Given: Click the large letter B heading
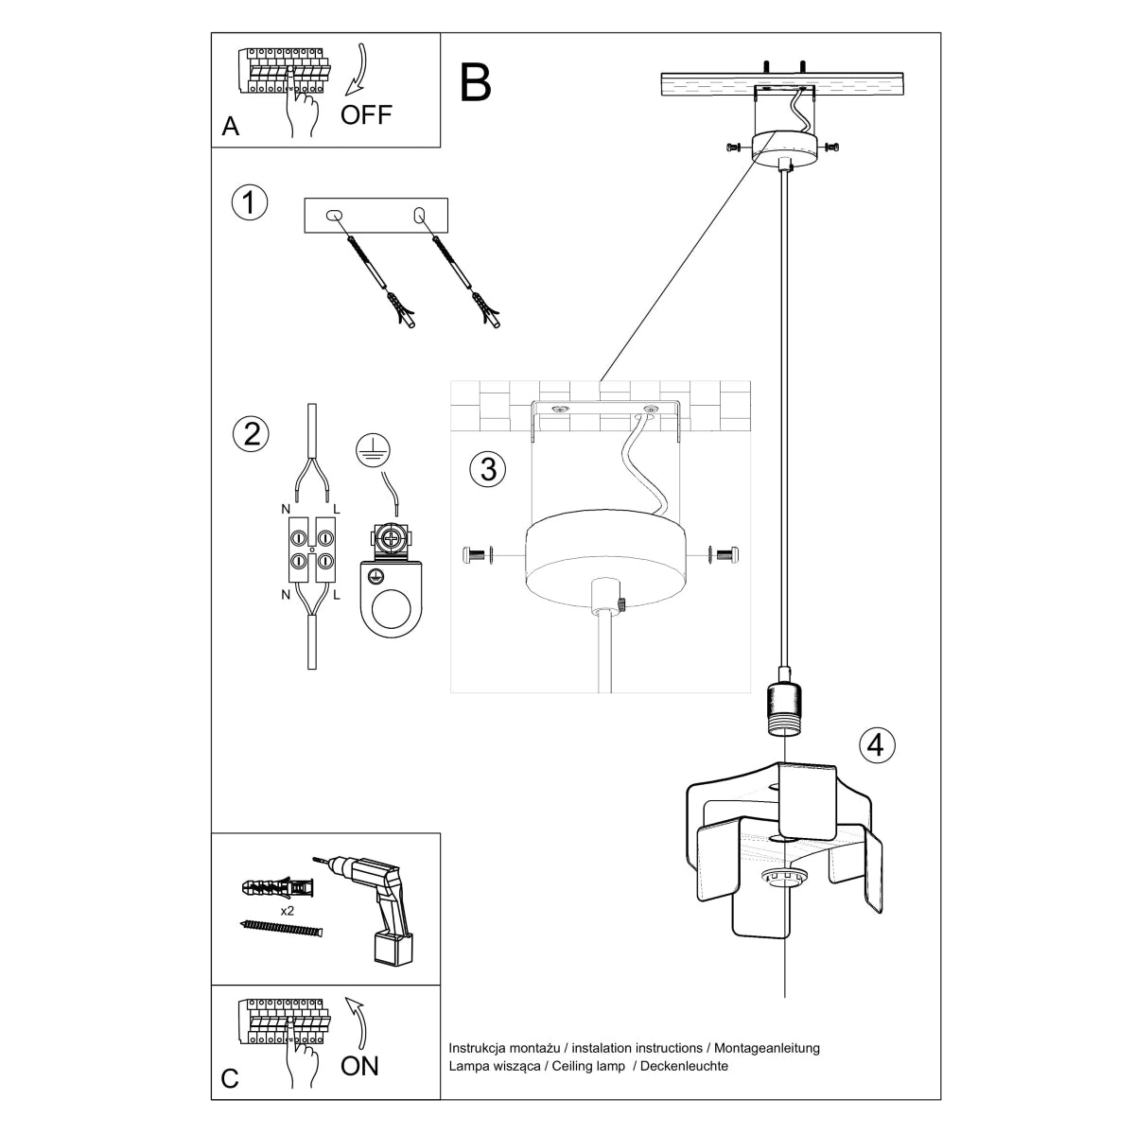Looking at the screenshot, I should (x=476, y=82).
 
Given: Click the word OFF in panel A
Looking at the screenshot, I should (x=366, y=115).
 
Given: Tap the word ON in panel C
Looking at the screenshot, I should (x=359, y=1066).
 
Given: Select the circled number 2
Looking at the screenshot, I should (x=250, y=433).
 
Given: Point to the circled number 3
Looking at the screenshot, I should (x=488, y=468).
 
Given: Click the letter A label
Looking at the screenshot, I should (x=230, y=128).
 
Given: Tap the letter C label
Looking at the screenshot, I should (x=230, y=1079).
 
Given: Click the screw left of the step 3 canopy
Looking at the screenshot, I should (x=479, y=555).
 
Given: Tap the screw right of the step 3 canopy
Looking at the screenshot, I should (x=728, y=555).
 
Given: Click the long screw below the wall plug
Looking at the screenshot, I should (x=282, y=929).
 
